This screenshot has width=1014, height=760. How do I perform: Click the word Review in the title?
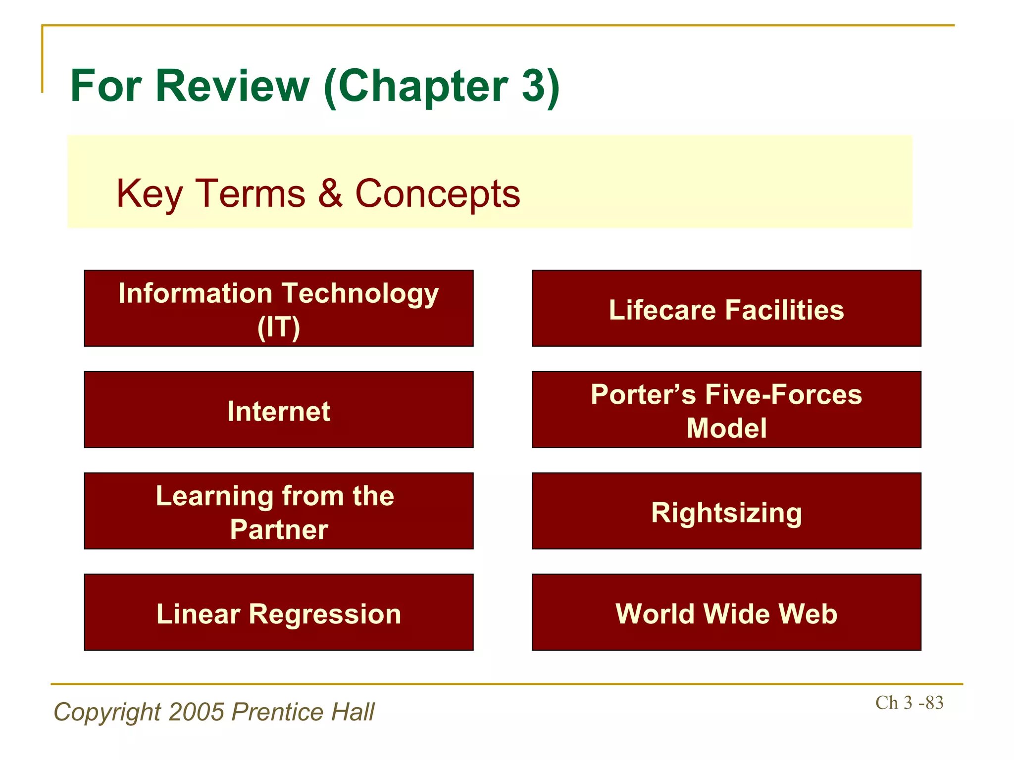[x=233, y=86]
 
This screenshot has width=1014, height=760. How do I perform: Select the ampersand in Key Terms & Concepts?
[x=330, y=193]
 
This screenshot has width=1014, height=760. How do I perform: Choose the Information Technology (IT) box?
[x=279, y=308]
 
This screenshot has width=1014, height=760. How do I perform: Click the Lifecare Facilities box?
[x=726, y=308]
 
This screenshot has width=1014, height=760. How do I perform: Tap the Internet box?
[x=279, y=410]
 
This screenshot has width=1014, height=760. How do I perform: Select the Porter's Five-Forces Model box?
[x=726, y=410]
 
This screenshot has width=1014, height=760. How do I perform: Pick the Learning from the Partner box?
[x=279, y=511]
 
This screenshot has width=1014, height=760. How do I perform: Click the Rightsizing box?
[x=726, y=511]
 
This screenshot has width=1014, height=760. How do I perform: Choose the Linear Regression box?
[x=279, y=613]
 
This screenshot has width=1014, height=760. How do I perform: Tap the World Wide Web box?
[x=726, y=613]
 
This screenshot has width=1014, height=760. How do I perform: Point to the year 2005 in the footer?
[x=196, y=712]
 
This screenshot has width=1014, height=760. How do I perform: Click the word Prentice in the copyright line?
[x=277, y=712]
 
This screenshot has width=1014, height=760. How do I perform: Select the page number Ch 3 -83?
[x=909, y=703]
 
